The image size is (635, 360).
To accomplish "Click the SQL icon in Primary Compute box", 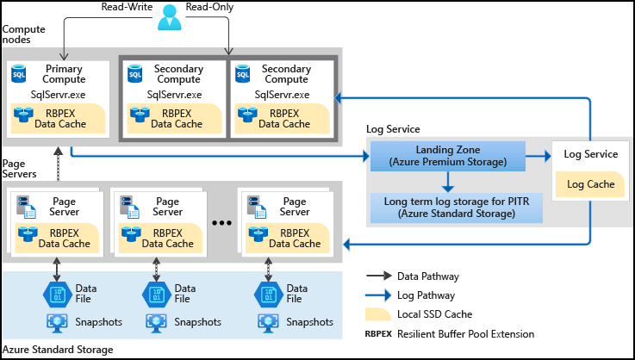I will point(19,75).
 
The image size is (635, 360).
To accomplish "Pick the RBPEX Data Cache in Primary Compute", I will point(56,118).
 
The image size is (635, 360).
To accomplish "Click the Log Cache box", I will point(589,183).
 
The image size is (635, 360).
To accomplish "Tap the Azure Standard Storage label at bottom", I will point(58,350).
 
